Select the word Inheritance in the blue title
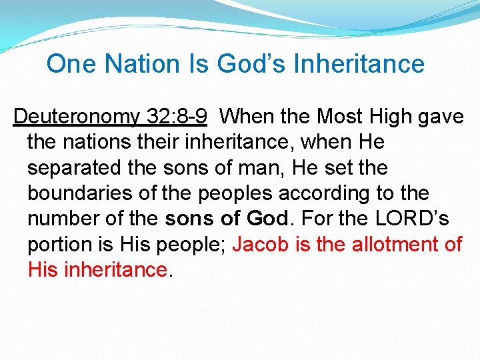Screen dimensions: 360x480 pos(359,64)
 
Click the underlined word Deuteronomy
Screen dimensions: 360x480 pos(75,117)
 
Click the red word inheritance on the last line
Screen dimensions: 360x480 pos(115,269)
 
